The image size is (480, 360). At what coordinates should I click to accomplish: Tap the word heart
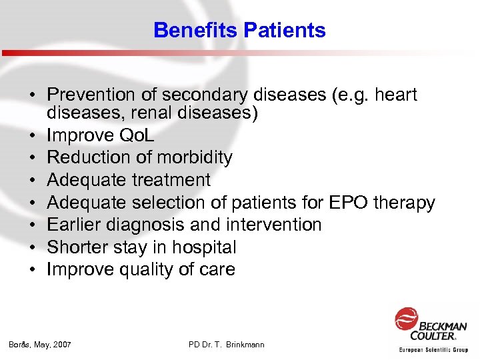pos(396,95)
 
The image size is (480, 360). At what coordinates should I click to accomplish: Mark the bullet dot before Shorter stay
pos(31,247)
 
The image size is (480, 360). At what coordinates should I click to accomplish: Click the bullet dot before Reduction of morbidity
pos(31,158)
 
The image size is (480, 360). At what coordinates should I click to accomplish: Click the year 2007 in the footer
pos(61,345)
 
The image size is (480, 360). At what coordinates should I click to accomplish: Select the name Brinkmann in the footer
pos(244,345)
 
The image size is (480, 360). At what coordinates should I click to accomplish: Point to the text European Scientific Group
pos(433,349)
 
